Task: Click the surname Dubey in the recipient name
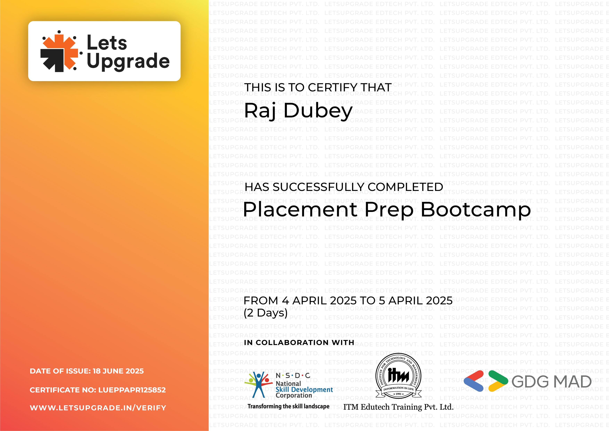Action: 318,111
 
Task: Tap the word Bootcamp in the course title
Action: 475,210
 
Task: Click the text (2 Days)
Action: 265,313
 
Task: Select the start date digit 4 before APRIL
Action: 285,301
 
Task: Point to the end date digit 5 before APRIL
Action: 382,301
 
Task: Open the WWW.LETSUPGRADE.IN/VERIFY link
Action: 98,408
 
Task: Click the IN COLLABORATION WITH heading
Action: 299,343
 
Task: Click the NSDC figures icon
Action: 258,384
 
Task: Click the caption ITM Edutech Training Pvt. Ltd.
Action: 398,407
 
